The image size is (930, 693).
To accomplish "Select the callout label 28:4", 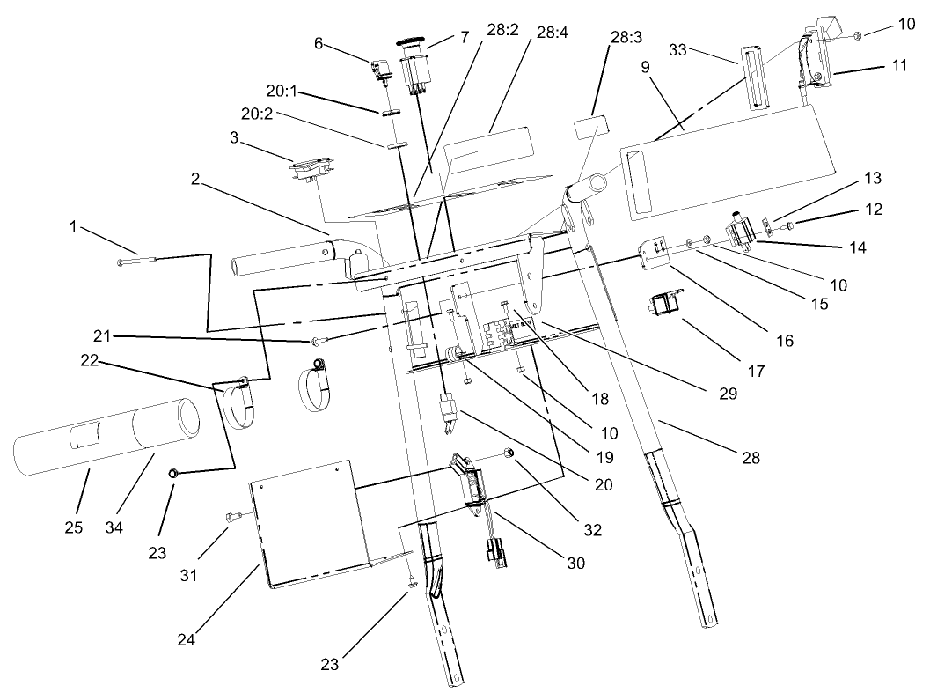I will pyautogui.click(x=552, y=33).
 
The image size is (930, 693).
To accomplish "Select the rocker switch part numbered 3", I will pyautogui.click(x=312, y=168).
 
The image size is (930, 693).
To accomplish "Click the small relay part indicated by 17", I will pyautogui.click(x=661, y=306).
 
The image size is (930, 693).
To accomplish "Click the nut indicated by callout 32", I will pyautogui.click(x=509, y=452).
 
